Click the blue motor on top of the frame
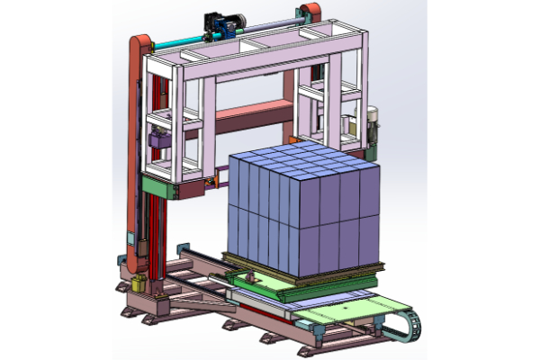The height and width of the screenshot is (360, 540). [222, 24]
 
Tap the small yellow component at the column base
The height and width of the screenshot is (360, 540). [139, 283]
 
